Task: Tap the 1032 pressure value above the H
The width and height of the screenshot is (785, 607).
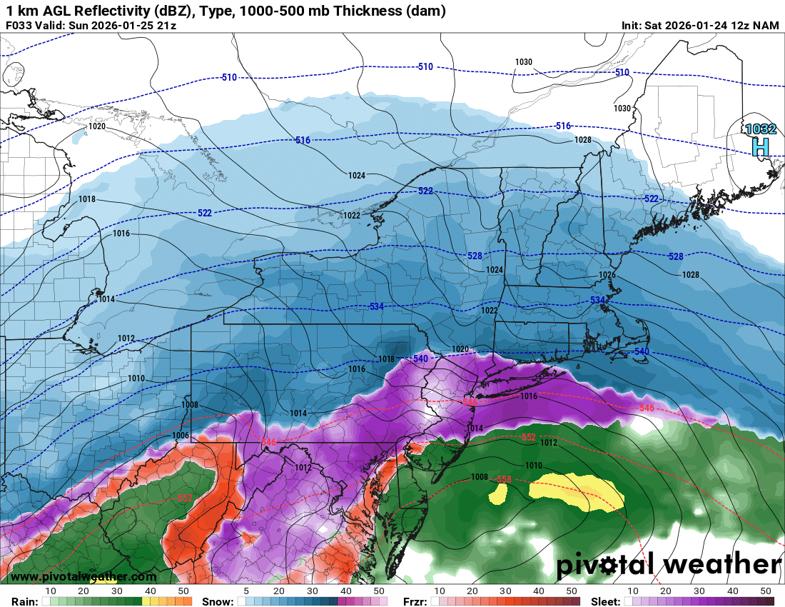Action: pyautogui.click(x=760, y=129)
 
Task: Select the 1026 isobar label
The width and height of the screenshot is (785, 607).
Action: pyautogui.click(x=607, y=275)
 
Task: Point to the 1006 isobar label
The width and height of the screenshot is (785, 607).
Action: pyautogui.click(x=181, y=436)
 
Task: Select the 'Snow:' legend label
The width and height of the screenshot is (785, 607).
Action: pyautogui.click(x=218, y=601)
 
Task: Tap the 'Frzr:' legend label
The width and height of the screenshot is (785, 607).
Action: pyautogui.click(x=415, y=601)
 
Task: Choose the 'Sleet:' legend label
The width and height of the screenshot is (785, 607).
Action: pyautogui.click(x=608, y=601)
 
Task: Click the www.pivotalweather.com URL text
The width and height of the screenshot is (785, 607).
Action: pyautogui.click(x=83, y=576)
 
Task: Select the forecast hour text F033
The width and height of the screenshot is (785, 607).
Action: pyautogui.click(x=19, y=26)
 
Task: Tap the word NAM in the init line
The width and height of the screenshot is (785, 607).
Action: pyautogui.click(x=766, y=26)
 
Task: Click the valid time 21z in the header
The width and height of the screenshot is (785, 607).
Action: pyautogui.click(x=164, y=26)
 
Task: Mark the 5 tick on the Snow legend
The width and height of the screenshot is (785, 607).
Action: pyautogui.click(x=246, y=591)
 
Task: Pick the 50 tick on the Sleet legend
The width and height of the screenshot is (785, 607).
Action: pyautogui.click(x=766, y=591)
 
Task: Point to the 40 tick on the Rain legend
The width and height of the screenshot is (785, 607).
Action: pyautogui.click(x=151, y=591)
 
